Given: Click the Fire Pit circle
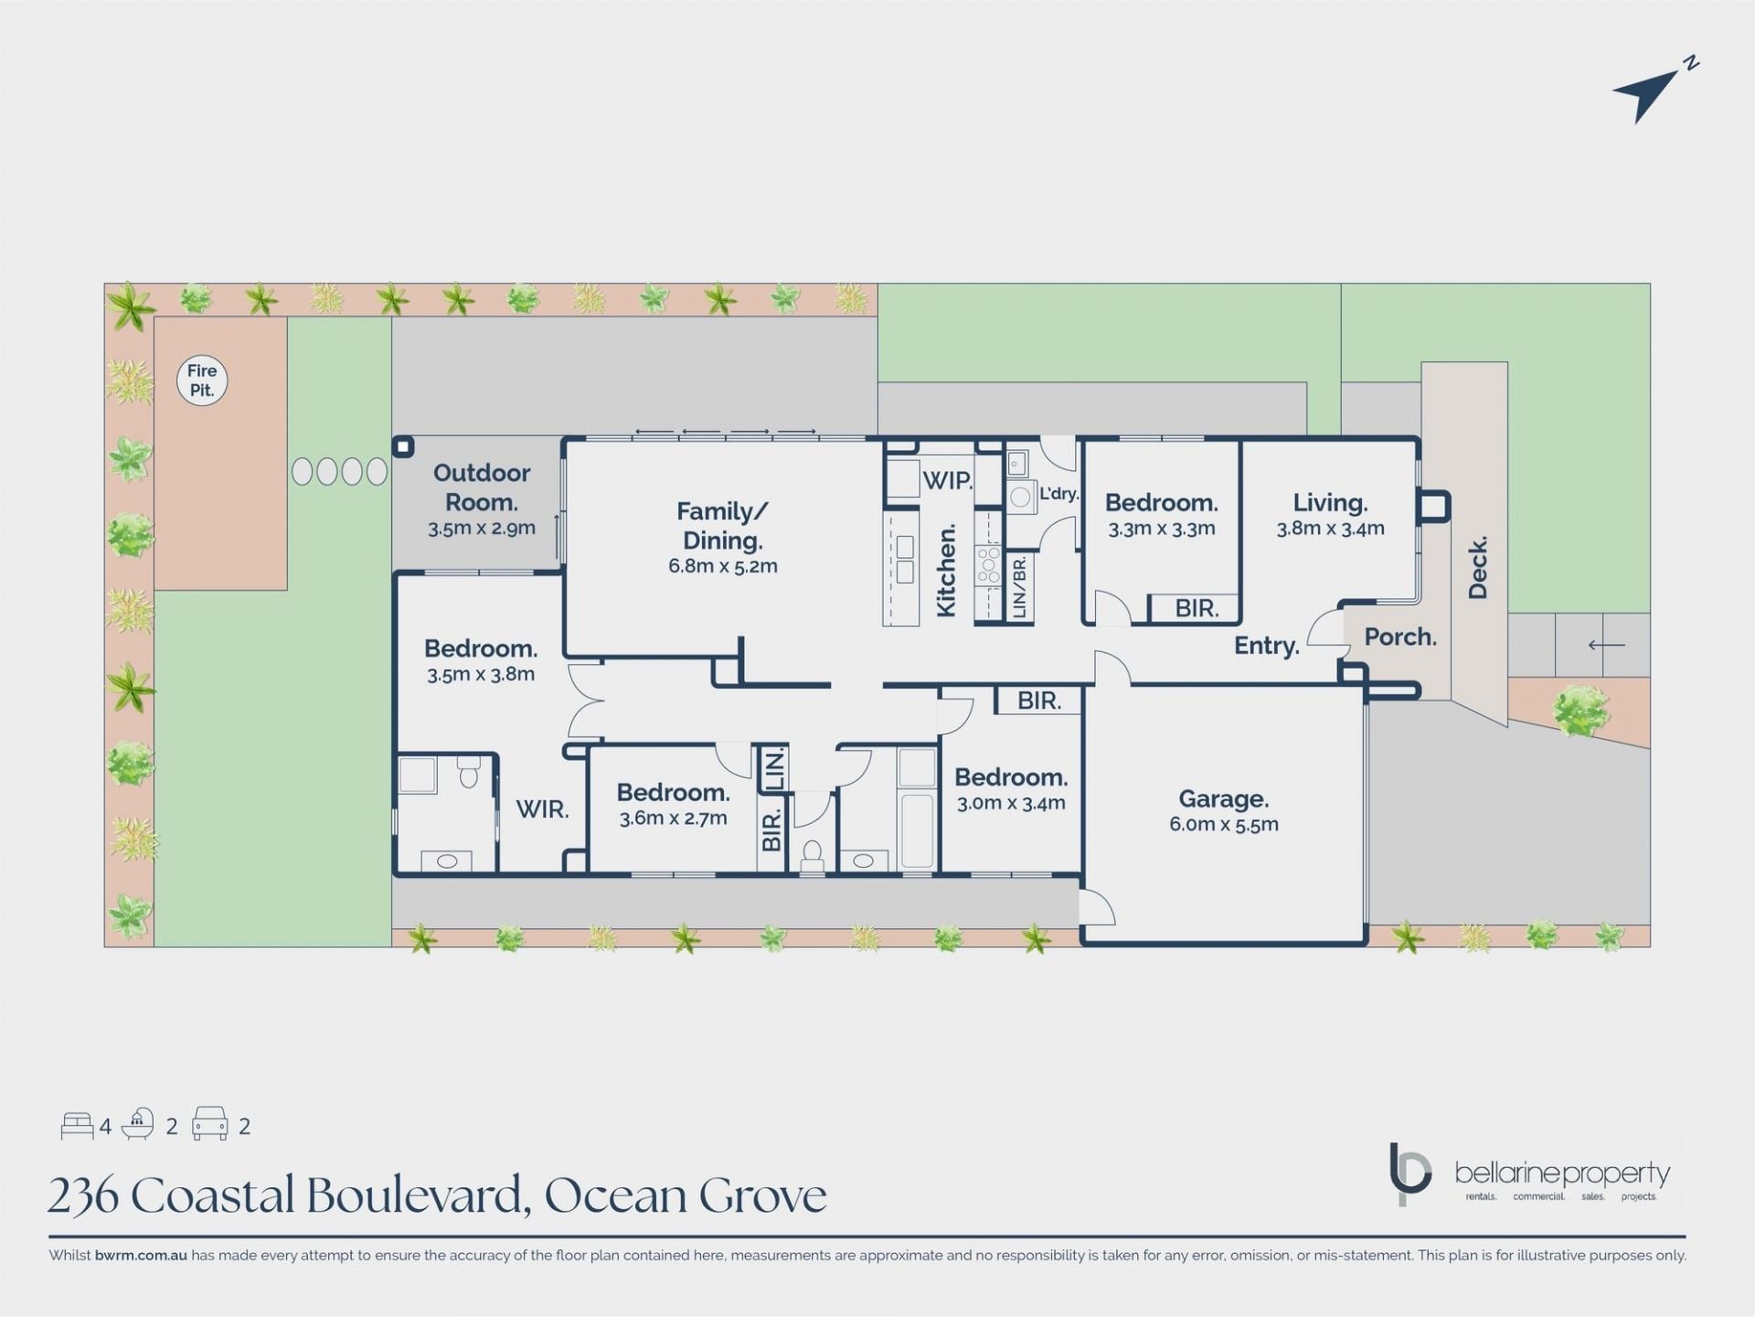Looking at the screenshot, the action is tap(202, 380).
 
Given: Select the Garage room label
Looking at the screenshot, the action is tap(1223, 799).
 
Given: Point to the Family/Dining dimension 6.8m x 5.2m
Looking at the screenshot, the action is tap(722, 566).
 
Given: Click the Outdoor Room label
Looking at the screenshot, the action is tap(482, 487).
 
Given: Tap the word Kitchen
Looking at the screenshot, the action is tap(946, 571).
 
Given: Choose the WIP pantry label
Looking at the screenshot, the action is tap(947, 480).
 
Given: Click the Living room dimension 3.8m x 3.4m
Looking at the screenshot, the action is tap(1330, 528).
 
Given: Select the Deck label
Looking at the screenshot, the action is tap(1477, 567).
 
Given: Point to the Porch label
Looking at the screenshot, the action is tap(1400, 637).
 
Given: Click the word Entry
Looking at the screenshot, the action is tap(1267, 646).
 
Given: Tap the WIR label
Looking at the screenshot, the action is tap(543, 809).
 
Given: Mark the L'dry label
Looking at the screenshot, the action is tap(1058, 493).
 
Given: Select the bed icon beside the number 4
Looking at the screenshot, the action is tap(77, 1126).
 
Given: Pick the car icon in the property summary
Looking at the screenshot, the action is tap(209, 1124).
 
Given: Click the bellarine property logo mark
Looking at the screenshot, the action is tap(1409, 1173).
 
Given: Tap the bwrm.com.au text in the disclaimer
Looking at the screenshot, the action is tap(141, 1256).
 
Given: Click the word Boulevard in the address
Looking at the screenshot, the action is tap(418, 1195).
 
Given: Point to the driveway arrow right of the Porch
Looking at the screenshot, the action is tap(1606, 645).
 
